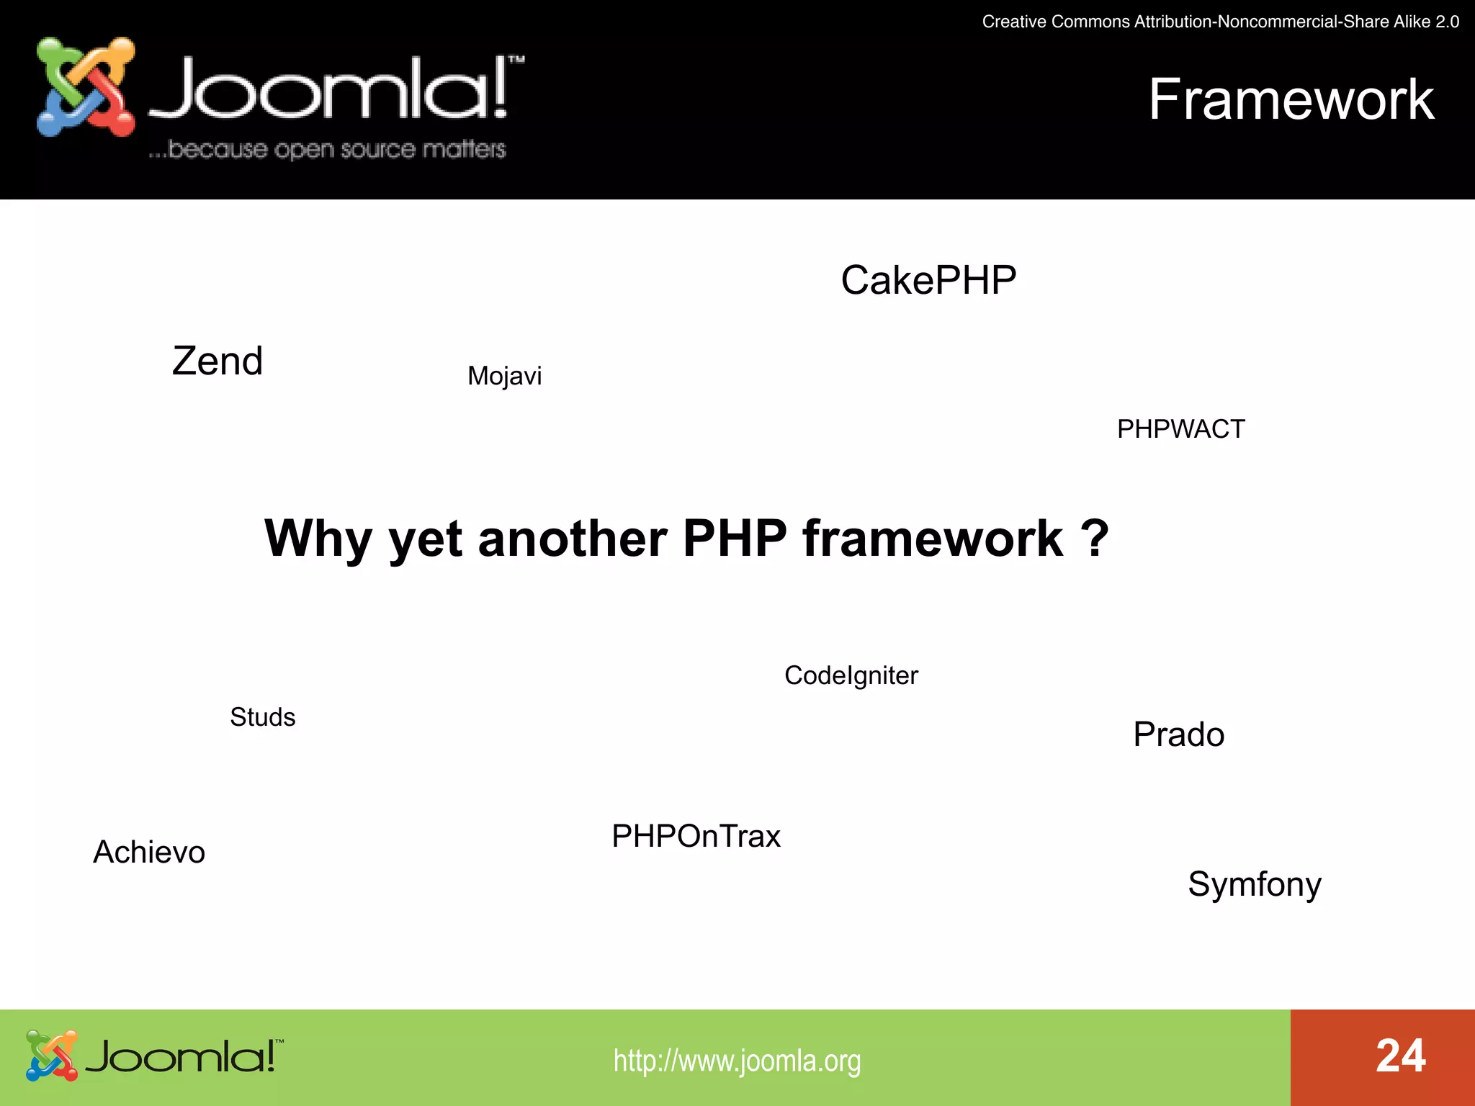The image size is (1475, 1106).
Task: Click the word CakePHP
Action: click(928, 280)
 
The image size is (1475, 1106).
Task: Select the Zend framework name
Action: click(218, 361)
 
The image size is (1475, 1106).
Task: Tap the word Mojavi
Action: click(504, 376)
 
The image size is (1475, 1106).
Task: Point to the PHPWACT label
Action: click(1180, 429)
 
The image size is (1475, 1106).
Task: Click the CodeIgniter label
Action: click(851, 675)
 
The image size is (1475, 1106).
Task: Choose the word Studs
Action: click(262, 717)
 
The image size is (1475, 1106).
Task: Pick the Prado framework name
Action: click(1178, 734)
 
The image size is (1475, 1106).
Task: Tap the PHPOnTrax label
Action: click(696, 836)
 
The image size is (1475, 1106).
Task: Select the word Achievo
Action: click(149, 852)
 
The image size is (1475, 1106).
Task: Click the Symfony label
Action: click(1254, 884)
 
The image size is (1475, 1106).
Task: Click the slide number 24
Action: click(1400, 1056)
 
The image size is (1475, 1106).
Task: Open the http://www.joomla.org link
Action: click(737, 1061)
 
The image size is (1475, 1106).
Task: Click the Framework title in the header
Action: click(1291, 99)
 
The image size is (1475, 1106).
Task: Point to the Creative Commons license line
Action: click(1220, 22)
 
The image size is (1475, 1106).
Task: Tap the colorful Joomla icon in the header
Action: click(86, 87)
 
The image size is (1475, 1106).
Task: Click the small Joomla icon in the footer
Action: click(51, 1056)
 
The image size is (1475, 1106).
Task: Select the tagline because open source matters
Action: click(328, 149)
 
